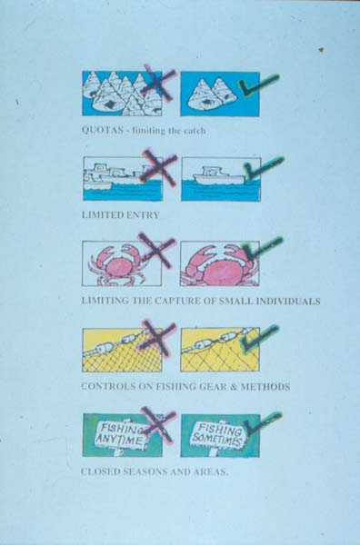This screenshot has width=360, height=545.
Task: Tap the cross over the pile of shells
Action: pos(158,84)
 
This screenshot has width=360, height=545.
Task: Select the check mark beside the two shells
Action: pos(258,84)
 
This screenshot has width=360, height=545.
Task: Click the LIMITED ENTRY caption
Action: pos(120,215)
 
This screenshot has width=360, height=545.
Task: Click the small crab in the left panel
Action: pos(117,264)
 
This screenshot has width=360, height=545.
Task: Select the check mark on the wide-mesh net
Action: pos(260,337)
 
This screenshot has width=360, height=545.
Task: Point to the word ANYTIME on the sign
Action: pos(119,440)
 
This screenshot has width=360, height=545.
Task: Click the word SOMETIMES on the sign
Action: pos(216,440)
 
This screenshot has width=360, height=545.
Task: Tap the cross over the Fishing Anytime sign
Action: pos(157,426)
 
